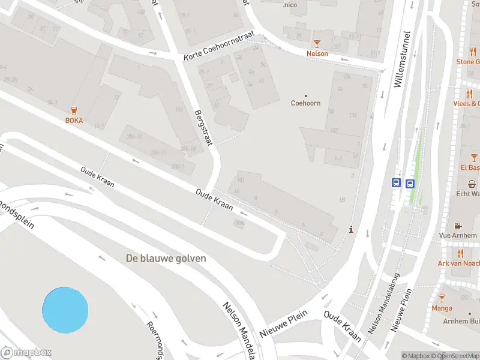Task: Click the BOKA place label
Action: [x=74, y=121]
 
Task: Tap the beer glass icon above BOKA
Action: [x=74, y=110]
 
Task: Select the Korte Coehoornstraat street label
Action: [x=220, y=47]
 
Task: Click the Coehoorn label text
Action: [x=305, y=103]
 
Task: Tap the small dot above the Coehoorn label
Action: [x=305, y=95]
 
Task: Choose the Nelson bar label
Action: [x=317, y=53]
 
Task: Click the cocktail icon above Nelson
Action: [x=317, y=43]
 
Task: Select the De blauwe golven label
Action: [x=166, y=259]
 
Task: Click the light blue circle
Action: [x=65, y=310]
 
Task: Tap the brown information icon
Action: [x=351, y=229]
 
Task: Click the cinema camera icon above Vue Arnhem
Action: [x=458, y=226]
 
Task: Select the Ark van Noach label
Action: [x=459, y=263]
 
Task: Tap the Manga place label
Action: [x=442, y=308]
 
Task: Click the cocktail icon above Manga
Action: [x=442, y=298]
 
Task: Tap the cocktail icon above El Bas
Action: [x=473, y=158]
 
